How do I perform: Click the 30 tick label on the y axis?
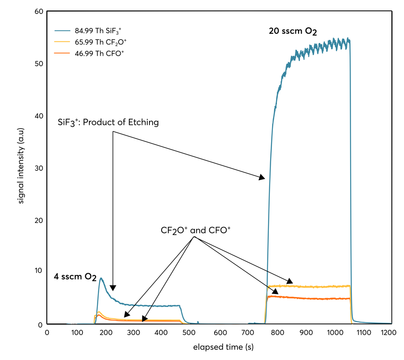39,168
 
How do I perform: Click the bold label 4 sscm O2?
76,276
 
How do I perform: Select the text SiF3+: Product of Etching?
108,122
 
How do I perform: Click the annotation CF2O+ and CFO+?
196,230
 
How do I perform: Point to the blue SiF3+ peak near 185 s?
101,279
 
